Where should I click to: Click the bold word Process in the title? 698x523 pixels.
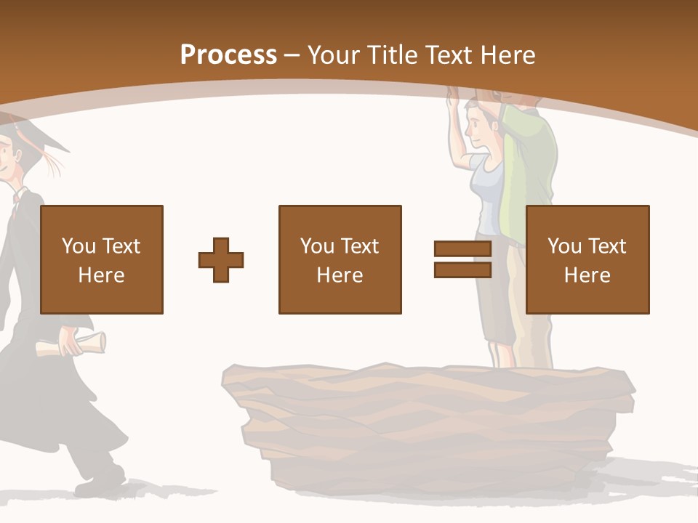(x=228, y=54)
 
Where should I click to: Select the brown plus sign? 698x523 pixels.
(x=221, y=260)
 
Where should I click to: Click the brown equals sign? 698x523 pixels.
(x=462, y=260)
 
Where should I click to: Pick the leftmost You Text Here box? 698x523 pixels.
(x=101, y=259)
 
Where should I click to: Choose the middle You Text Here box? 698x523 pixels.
(x=340, y=259)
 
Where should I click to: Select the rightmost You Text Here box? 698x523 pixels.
(x=587, y=259)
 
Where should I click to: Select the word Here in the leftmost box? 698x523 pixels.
(x=101, y=275)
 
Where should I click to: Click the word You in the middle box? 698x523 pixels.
(x=317, y=246)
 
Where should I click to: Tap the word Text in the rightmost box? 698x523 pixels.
(x=608, y=246)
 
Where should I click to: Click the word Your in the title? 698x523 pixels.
(x=334, y=54)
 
